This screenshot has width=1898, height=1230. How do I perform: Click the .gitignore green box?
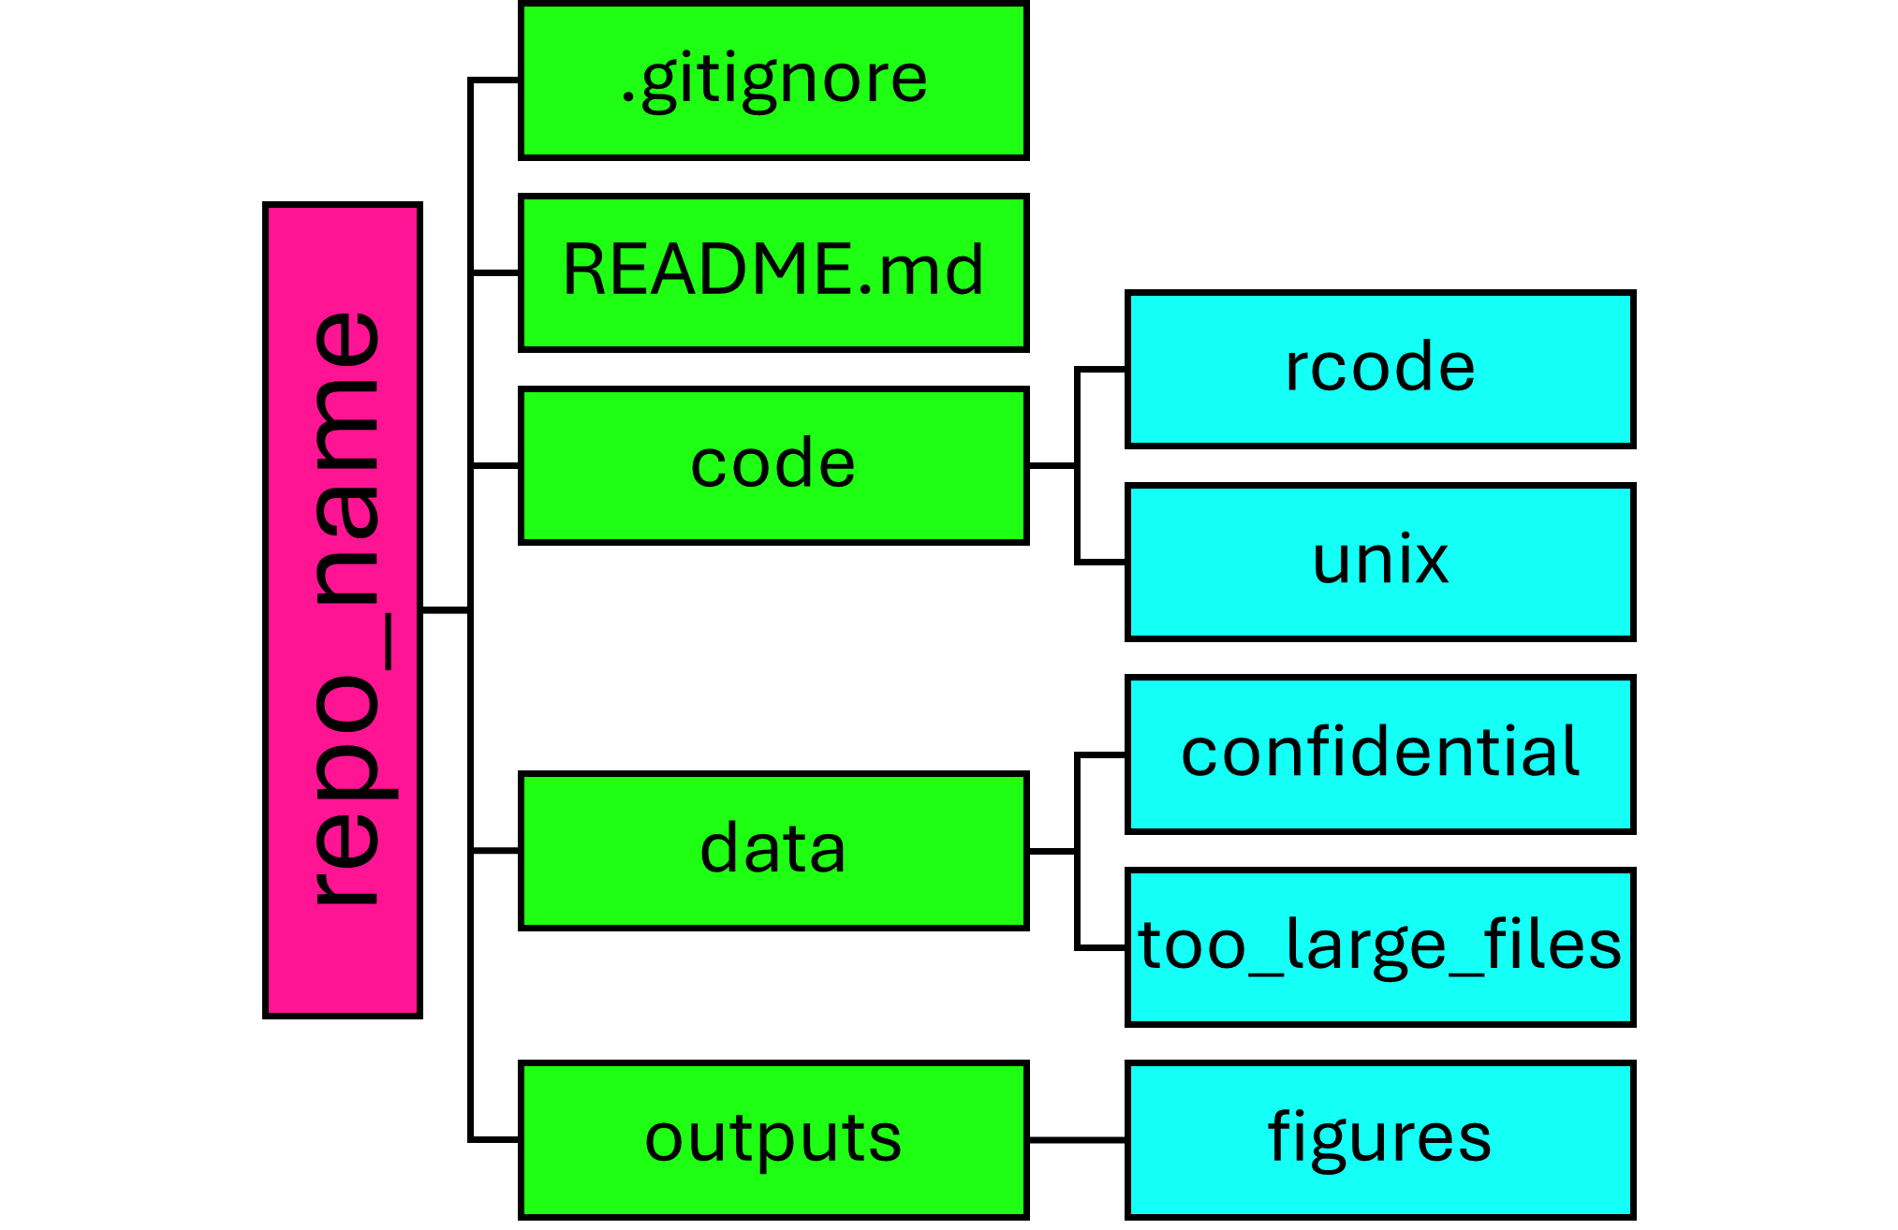pyautogui.click(x=773, y=81)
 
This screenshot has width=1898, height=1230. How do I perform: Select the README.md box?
pyautogui.click(x=773, y=272)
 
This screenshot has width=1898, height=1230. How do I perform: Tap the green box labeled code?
pyautogui.click(x=773, y=465)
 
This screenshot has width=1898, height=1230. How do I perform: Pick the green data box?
pyautogui.click(x=773, y=850)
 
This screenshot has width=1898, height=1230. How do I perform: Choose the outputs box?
pyautogui.click(x=773, y=1139)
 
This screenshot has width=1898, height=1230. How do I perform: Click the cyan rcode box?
pyautogui.click(x=1380, y=369)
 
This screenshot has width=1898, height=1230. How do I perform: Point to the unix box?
pyautogui.click(x=1380, y=562)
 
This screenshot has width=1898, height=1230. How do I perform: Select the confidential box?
pyautogui.click(x=1380, y=754)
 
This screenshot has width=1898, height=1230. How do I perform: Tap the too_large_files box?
pyautogui.click(x=1380, y=946)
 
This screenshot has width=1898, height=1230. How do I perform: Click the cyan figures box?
pyautogui.click(x=1380, y=1139)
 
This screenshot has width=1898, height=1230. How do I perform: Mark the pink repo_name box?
pyautogui.click(x=343, y=609)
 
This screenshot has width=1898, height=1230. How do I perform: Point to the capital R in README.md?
pyautogui.click(x=586, y=271)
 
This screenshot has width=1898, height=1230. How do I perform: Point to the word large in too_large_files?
pyautogui.click(x=1366, y=947)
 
